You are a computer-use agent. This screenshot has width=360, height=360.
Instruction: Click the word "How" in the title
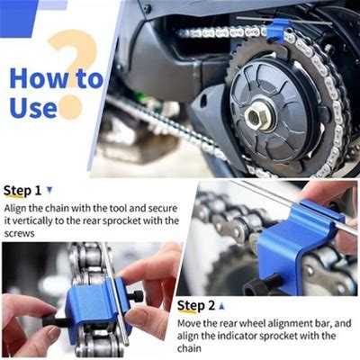(39, 78)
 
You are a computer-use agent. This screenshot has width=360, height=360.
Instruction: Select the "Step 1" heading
(22, 191)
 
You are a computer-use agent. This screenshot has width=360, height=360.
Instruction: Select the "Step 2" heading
(196, 306)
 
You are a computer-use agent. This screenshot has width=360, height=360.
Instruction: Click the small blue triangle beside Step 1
(49, 190)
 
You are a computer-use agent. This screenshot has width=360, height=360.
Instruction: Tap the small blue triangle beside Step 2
(222, 306)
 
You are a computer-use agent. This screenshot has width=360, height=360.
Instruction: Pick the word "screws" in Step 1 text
(20, 233)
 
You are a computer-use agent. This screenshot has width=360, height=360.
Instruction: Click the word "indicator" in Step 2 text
(233, 336)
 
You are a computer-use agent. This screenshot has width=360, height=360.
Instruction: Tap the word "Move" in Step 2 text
(190, 323)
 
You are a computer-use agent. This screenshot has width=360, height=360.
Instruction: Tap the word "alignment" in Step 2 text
(289, 324)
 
